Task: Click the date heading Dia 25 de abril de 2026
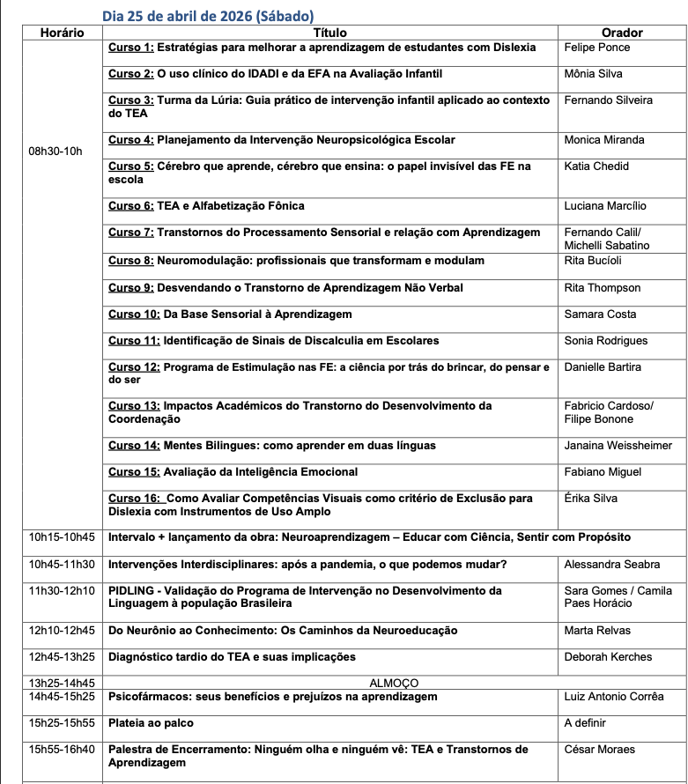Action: pos(208,16)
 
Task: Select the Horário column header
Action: pos(62,33)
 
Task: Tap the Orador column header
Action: pos(622,33)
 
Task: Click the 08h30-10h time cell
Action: pos(55,152)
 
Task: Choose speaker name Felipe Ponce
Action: pos(598,47)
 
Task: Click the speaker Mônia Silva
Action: pos(593,74)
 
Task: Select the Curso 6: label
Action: pos(131,206)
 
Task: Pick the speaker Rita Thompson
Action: pos(603,288)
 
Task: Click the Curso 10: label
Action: pos(134,314)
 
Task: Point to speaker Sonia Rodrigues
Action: pos(605,341)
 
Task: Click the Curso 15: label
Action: pos(134,472)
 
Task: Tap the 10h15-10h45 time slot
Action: pos(62,537)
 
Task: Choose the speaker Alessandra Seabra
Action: pos(611,565)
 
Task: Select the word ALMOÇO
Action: pos(394,683)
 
